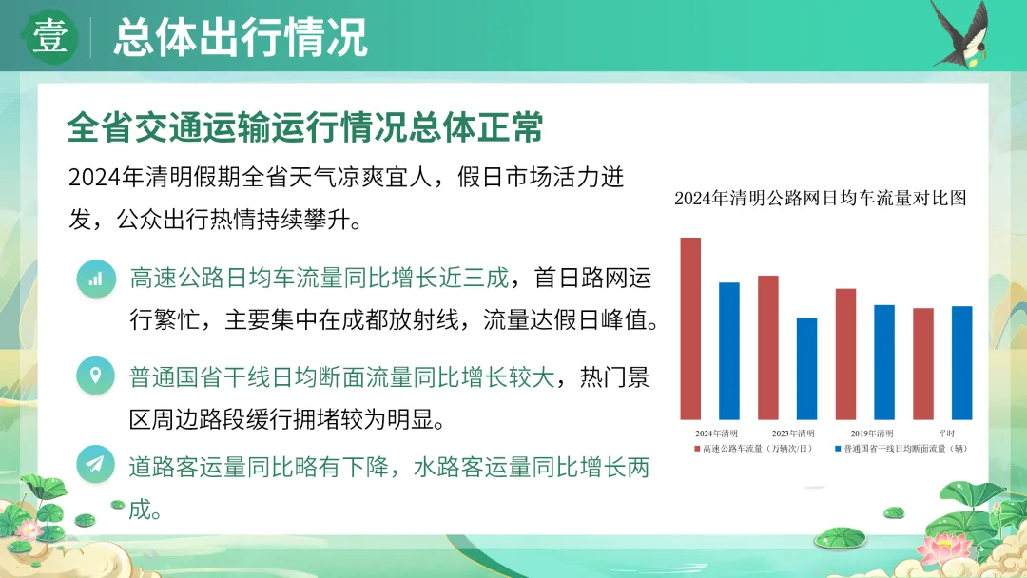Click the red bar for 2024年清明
pyautogui.click(x=690, y=329)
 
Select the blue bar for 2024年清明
pyautogui.click(x=729, y=351)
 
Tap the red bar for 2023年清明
pyautogui.click(x=768, y=348)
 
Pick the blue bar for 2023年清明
pyautogui.click(x=807, y=369)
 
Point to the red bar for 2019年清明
pyautogui.click(x=845, y=355)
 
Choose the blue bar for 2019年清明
pyautogui.click(x=884, y=362)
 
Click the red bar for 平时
pyautogui.click(x=923, y=364)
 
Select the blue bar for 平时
pyautogui.click(x=962, y=362)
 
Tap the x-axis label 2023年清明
pyautogui.click(x=792, y=433)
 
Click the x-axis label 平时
pyautogui.click(x=946, y=433)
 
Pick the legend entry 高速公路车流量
pyautogui.click(x=753, y=449)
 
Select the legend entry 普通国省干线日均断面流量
pyautogui.click(x=901, y=449)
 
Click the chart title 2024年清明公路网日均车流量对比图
pyautogui.click(x=821, y=198)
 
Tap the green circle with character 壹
pyautogui.click(x=49, y=37)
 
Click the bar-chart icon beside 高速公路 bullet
pyautogui.click(x=96, y=279)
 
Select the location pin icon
pyautogui.click(x=96, y=376)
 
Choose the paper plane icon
pyautogui.click(x=96, y=464)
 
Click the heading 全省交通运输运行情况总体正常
pyautogui.click(x=305, y=127)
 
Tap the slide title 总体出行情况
pyautogui.click(x=241, y=37)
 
